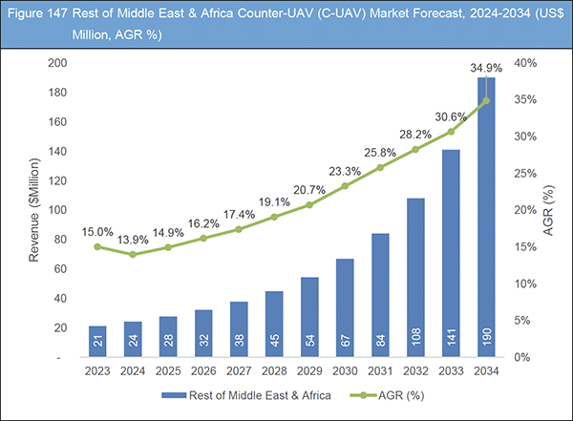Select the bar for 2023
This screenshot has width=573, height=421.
click(x=97, y=341)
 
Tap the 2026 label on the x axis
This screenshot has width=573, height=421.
click(x=203, y=370)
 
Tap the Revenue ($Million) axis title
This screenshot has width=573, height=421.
click(x=30, y=210)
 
